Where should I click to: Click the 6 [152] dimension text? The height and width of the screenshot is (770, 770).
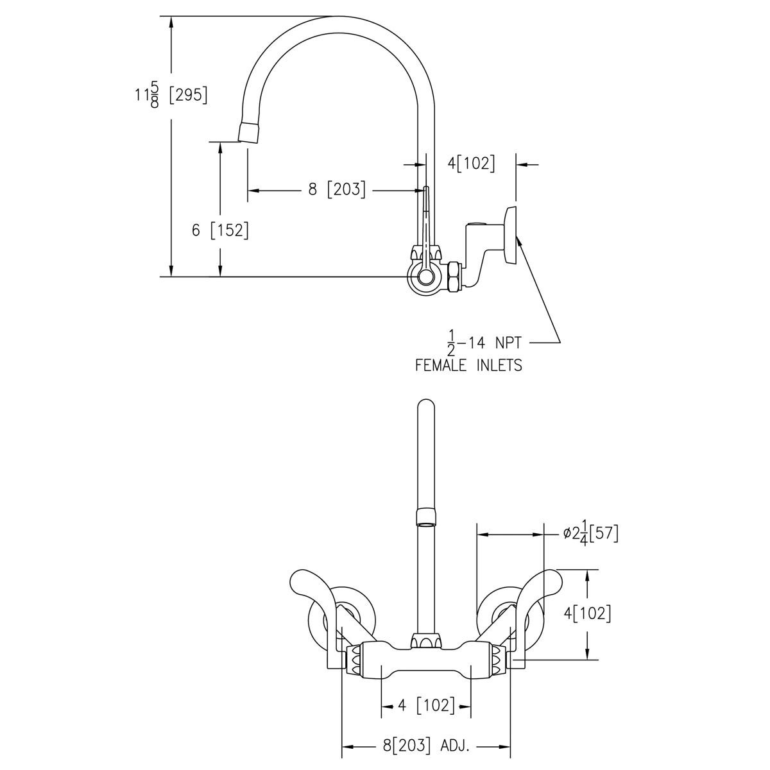coord(220,230)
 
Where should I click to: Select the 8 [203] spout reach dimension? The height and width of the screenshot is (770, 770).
coord(336,190)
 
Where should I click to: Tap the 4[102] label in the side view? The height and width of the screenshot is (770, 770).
coord(472,163)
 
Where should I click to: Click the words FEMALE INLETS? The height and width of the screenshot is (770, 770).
coord(468,366)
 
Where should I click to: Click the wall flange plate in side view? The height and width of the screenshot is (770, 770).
coord(511,234)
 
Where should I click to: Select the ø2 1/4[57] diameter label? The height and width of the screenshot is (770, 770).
coord(590,533)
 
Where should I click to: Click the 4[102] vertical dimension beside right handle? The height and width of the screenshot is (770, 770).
coord(587,614)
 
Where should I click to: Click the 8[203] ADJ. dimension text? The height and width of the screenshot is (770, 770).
coord(427,746)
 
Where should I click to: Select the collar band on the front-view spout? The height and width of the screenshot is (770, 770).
coord(426,517)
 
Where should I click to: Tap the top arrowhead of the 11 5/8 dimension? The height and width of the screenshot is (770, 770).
coord(171,23)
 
